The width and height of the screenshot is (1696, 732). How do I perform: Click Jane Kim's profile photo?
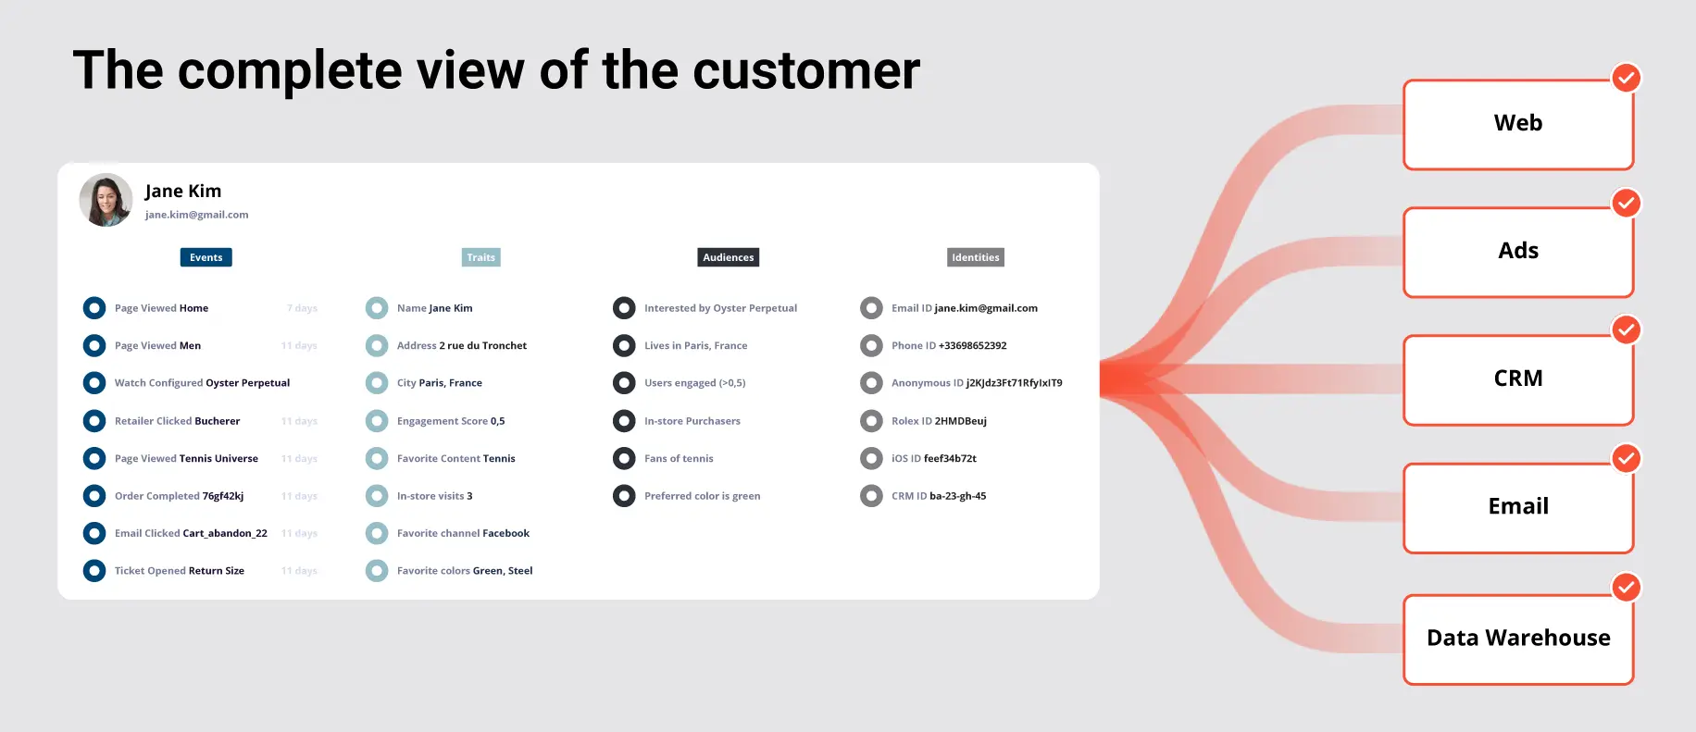tap(106, 200)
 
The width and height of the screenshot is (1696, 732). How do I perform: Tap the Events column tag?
tap(206, 257)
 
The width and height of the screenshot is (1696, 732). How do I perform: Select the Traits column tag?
tap(480, 257)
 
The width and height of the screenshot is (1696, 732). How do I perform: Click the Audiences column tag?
tap(728, 257)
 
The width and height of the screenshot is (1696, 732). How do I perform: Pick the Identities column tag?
tap(975, 257)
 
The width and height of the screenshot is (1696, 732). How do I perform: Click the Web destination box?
tap(1517, 124)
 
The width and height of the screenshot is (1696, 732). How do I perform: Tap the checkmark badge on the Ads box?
tap(1626, 203)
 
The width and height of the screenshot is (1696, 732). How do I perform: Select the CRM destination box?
tap(1517, 379)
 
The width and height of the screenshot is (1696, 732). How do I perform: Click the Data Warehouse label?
tap(1517, 638)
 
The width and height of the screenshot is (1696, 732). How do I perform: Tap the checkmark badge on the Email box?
tap(1626, 458)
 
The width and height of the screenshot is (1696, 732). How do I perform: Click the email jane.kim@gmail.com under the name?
tap(196, 215)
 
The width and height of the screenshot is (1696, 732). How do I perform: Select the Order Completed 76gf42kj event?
tap(179, 496)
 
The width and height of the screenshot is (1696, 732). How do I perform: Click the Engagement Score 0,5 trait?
tap(450, 421)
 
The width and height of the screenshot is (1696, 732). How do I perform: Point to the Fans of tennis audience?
tap(679, 459)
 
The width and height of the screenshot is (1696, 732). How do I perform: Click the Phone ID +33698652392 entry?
tap(948, 346)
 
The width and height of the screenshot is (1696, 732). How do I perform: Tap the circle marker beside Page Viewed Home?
tap(94, 308)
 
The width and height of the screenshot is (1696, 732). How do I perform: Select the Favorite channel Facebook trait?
tap(463, 534)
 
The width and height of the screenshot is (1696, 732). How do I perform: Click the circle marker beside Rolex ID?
tap(871, 421)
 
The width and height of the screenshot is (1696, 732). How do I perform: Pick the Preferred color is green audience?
tap(702, 496)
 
